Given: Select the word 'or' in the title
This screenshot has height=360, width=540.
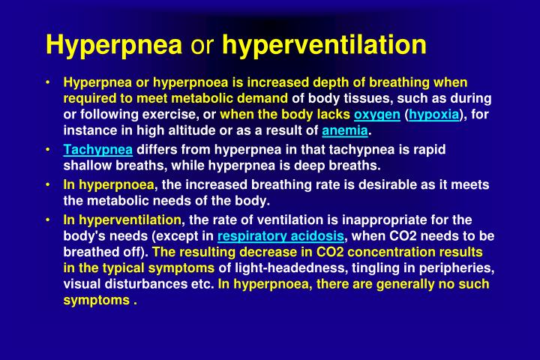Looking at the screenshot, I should [202, 46].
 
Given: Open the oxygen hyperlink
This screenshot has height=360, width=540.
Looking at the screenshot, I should [377, 115].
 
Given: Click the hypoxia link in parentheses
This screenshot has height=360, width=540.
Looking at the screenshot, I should [433, 115].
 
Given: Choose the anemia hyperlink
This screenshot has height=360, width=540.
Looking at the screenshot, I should [345, 131].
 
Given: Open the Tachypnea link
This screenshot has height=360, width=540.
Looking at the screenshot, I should [98, 149].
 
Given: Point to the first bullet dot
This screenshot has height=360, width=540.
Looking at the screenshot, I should [48, 82].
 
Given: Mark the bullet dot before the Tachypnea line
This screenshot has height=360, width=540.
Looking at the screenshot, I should [48, 149].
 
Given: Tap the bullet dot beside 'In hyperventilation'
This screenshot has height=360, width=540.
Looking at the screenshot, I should [48, 220].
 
